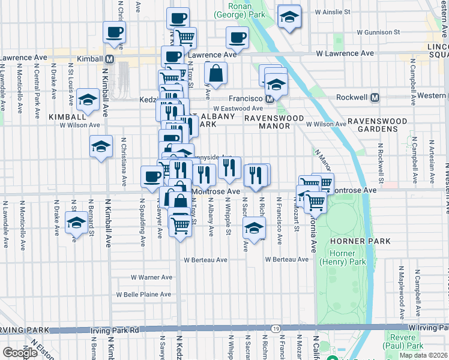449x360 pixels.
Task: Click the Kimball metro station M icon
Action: [109, 59]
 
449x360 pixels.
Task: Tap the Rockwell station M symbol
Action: [375, 97]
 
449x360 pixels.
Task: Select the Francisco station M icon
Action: [270, 98]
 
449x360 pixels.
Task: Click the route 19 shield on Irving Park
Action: [276, 329]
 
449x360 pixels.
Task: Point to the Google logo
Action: [20, 353]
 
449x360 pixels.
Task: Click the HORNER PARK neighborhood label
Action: [360, 241]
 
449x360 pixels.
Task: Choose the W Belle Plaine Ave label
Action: [144, 295]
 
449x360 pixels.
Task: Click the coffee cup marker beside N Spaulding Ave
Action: [151, 175]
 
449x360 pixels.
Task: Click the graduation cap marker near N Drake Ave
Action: [76, 222]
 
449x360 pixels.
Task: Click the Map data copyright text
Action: [423, 355]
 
